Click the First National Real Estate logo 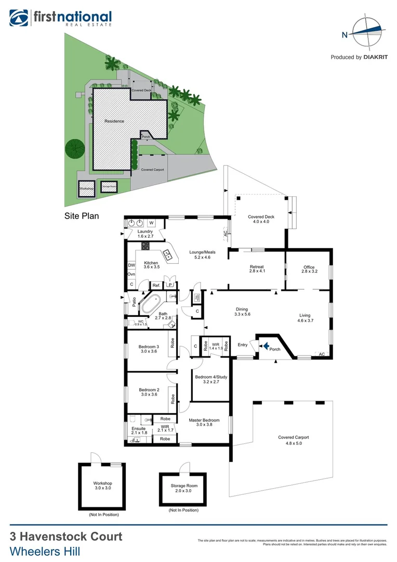pyautogui.click(x=60, y=18)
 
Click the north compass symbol pyautogui.click(x=367, y=34)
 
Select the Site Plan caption pyautogui.click(x=82, y=215)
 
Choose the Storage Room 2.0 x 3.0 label pyautogui.click(x=184, y=489)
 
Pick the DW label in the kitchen pyautogui.click(x=131, y=265)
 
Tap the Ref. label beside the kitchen pyautogui.click(x=156, y=285)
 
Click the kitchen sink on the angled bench pyautogui.click(x=168, y=255)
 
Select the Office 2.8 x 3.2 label pyautogui.click(x=309, y=270)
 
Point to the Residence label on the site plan pyautogui.click(x=114, y=121)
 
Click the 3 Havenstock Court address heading pyautogui.click(x=66, y=537)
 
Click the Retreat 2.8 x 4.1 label pyautogui.click(x=257, y=270)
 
